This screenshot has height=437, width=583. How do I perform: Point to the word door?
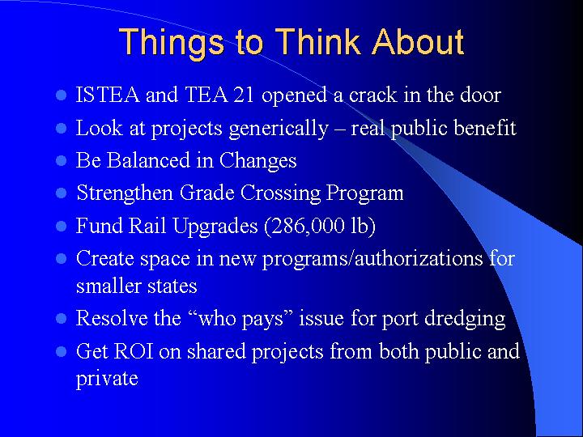coord(479,95)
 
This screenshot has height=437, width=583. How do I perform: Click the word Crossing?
coord(270,193)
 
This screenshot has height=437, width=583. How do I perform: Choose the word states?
coord(172,286)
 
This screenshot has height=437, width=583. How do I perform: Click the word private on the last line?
coord(107,379)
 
